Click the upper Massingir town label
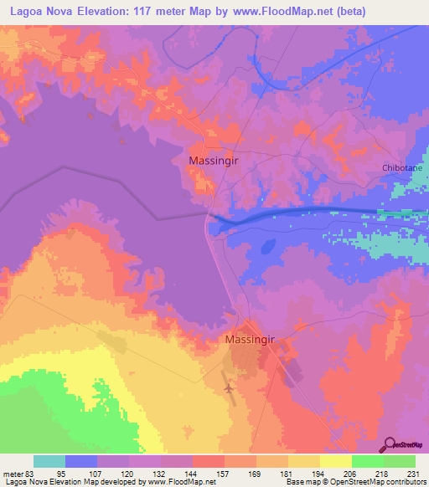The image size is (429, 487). (217, 160)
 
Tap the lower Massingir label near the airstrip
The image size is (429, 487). (251, 341)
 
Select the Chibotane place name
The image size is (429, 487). (403, 167)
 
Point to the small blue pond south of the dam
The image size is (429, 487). (268, 248)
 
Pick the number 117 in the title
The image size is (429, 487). (172, 10)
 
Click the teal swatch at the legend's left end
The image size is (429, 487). (49, 462)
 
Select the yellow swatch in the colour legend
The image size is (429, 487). (335, 462)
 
